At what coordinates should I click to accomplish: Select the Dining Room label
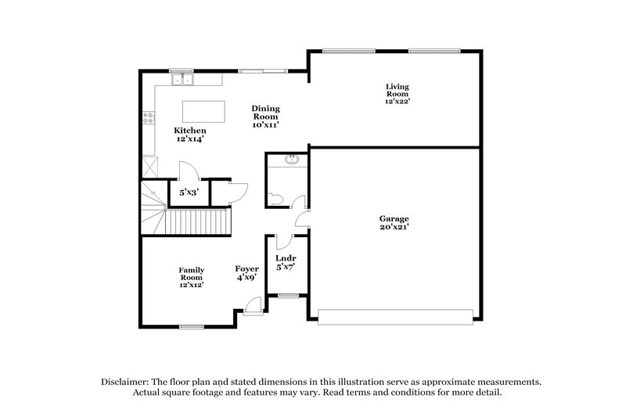265,117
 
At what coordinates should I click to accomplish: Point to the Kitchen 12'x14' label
190,135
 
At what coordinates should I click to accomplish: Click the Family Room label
191,277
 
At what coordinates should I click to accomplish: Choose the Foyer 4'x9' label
247,272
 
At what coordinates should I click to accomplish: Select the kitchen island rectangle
203,110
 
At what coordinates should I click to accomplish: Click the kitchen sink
183,79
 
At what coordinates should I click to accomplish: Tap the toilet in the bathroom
275,198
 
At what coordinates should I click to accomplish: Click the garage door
396,315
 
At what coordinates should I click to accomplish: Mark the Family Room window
191,325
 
